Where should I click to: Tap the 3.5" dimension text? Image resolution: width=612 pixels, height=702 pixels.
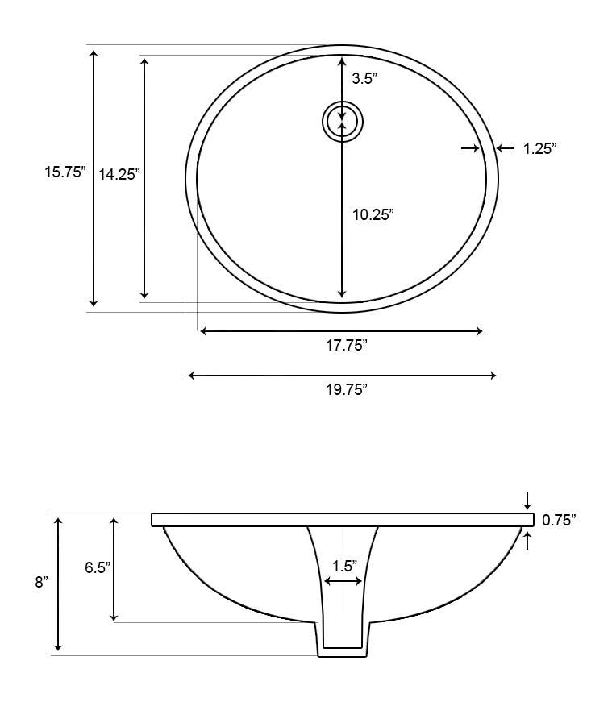tap(364, 79)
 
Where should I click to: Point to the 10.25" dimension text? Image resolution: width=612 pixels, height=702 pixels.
tap(373, 214)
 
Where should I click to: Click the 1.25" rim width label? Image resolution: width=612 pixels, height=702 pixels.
tap(539, 148)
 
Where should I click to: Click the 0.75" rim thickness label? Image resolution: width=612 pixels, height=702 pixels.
tap(560, 521)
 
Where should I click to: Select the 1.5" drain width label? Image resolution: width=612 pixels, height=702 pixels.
tap(343, 566)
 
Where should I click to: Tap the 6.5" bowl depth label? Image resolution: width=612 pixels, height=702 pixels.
tap(98, 567)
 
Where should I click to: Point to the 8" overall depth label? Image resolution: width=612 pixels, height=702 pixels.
tap(42, 582)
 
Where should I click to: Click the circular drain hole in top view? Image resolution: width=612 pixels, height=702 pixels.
tap(343, 122)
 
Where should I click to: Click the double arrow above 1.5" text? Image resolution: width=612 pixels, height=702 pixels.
tap(343, 582)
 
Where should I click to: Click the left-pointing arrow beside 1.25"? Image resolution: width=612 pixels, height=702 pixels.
tap(505, 148)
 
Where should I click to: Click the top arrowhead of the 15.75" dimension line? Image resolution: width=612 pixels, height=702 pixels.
tap(94, 54)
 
